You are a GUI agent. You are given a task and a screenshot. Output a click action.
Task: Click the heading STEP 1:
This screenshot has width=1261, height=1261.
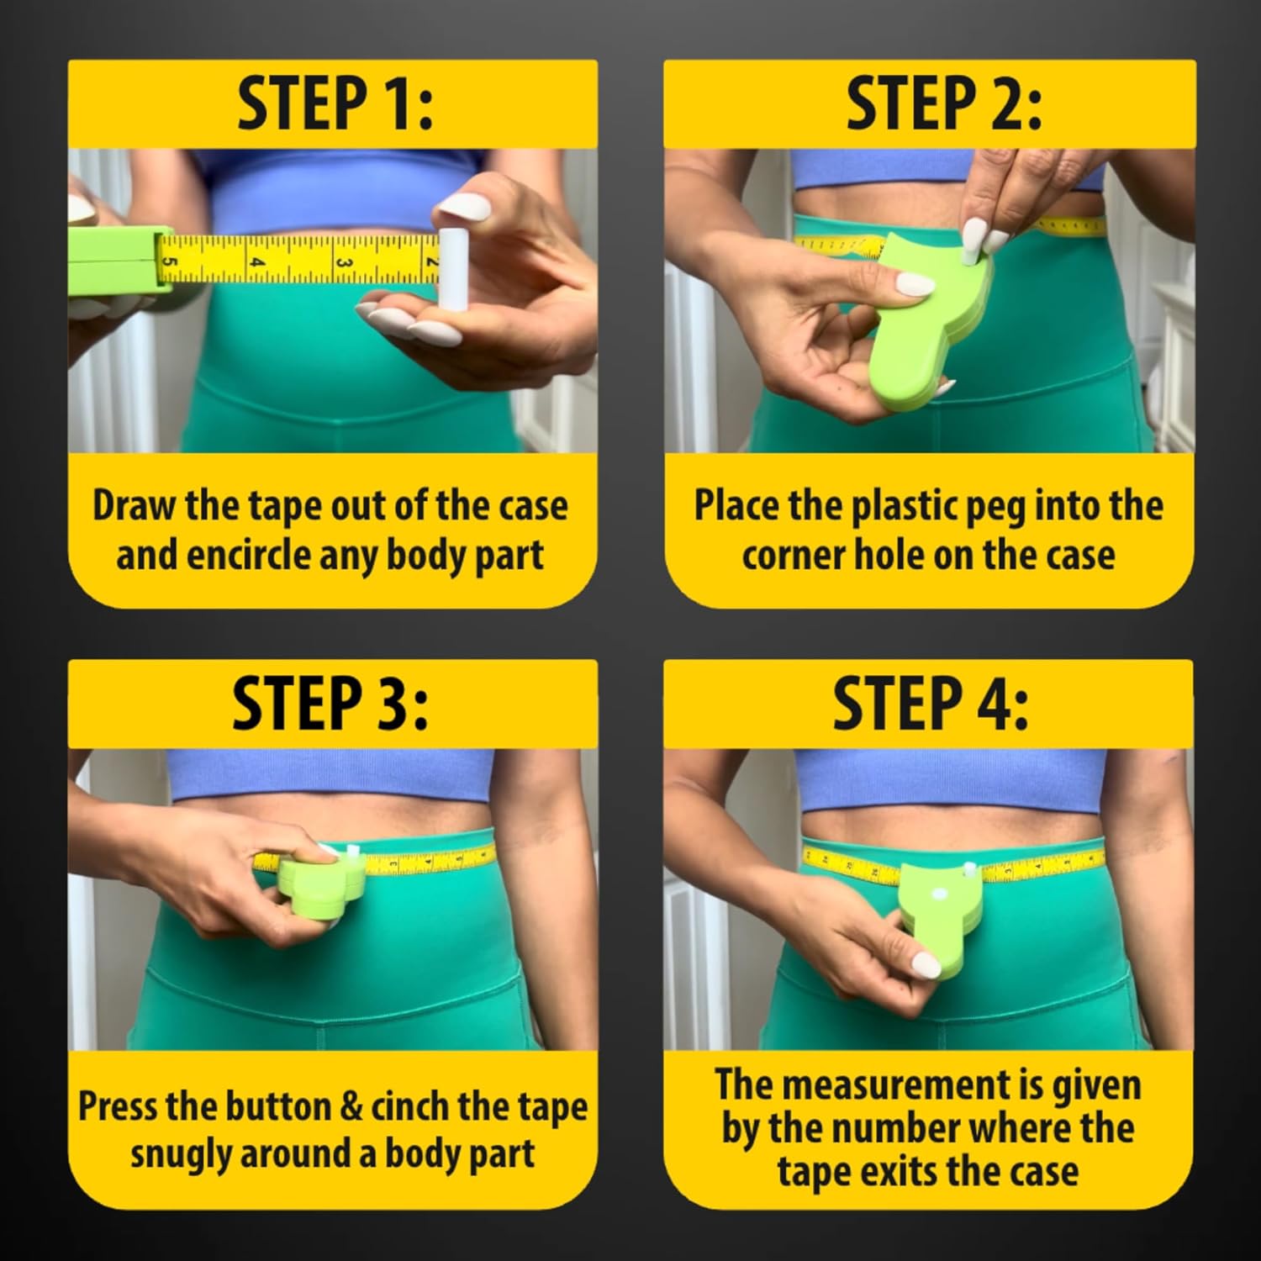click(x=334, y=105)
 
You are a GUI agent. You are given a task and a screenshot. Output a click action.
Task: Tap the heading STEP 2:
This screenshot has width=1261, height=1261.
click(x=943, y=105)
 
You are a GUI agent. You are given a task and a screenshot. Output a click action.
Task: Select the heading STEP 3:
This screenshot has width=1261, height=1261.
click(x=330, y=704)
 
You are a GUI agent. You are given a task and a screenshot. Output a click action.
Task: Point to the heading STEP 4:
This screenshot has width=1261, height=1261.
click(x=931, y=704)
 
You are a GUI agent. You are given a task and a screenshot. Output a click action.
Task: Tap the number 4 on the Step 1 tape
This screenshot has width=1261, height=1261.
click(x=258, y=262)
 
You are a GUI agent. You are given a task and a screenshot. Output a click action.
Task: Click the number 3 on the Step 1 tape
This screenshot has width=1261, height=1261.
click(x=344, y=262)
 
